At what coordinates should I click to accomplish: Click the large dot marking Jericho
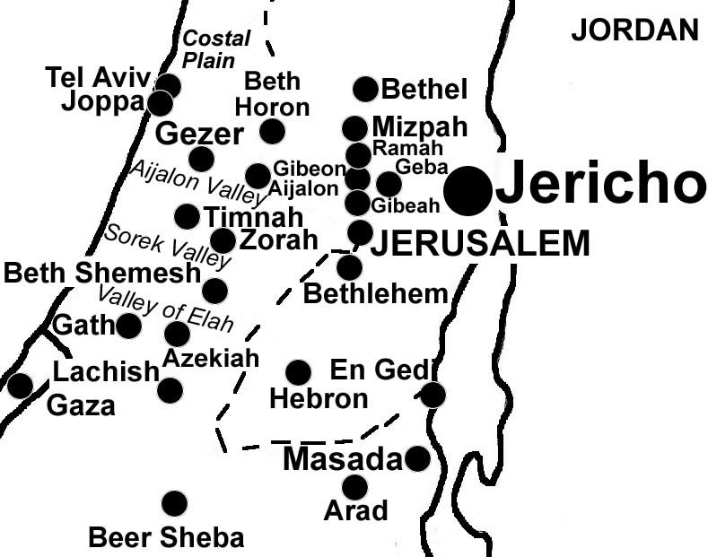[x=468, y=190]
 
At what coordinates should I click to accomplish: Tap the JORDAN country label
[x=634, y=30]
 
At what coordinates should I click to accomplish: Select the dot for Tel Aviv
[x=168, y=86]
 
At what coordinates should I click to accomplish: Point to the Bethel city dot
[x=365, y=89]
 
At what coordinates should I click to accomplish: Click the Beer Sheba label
[x=166, y=538]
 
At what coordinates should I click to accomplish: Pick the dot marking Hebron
[x=297, y=372]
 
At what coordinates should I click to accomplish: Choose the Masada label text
[x=342, y=460]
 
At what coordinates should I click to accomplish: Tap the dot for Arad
[x=354, y=487]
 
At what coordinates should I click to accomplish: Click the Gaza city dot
[x=19, y=386]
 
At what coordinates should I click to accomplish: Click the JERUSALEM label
[x=481, y=243]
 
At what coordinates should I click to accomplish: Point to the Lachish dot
[x=170, y=390]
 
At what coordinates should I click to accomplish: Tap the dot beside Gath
[x=128, y=326]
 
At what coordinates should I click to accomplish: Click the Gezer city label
[x=199, y=135]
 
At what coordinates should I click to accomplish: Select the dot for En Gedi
[x=433, y=395]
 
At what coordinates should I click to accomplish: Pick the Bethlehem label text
[x=376, y=292]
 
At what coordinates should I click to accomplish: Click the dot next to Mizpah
[x=354, y=128]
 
